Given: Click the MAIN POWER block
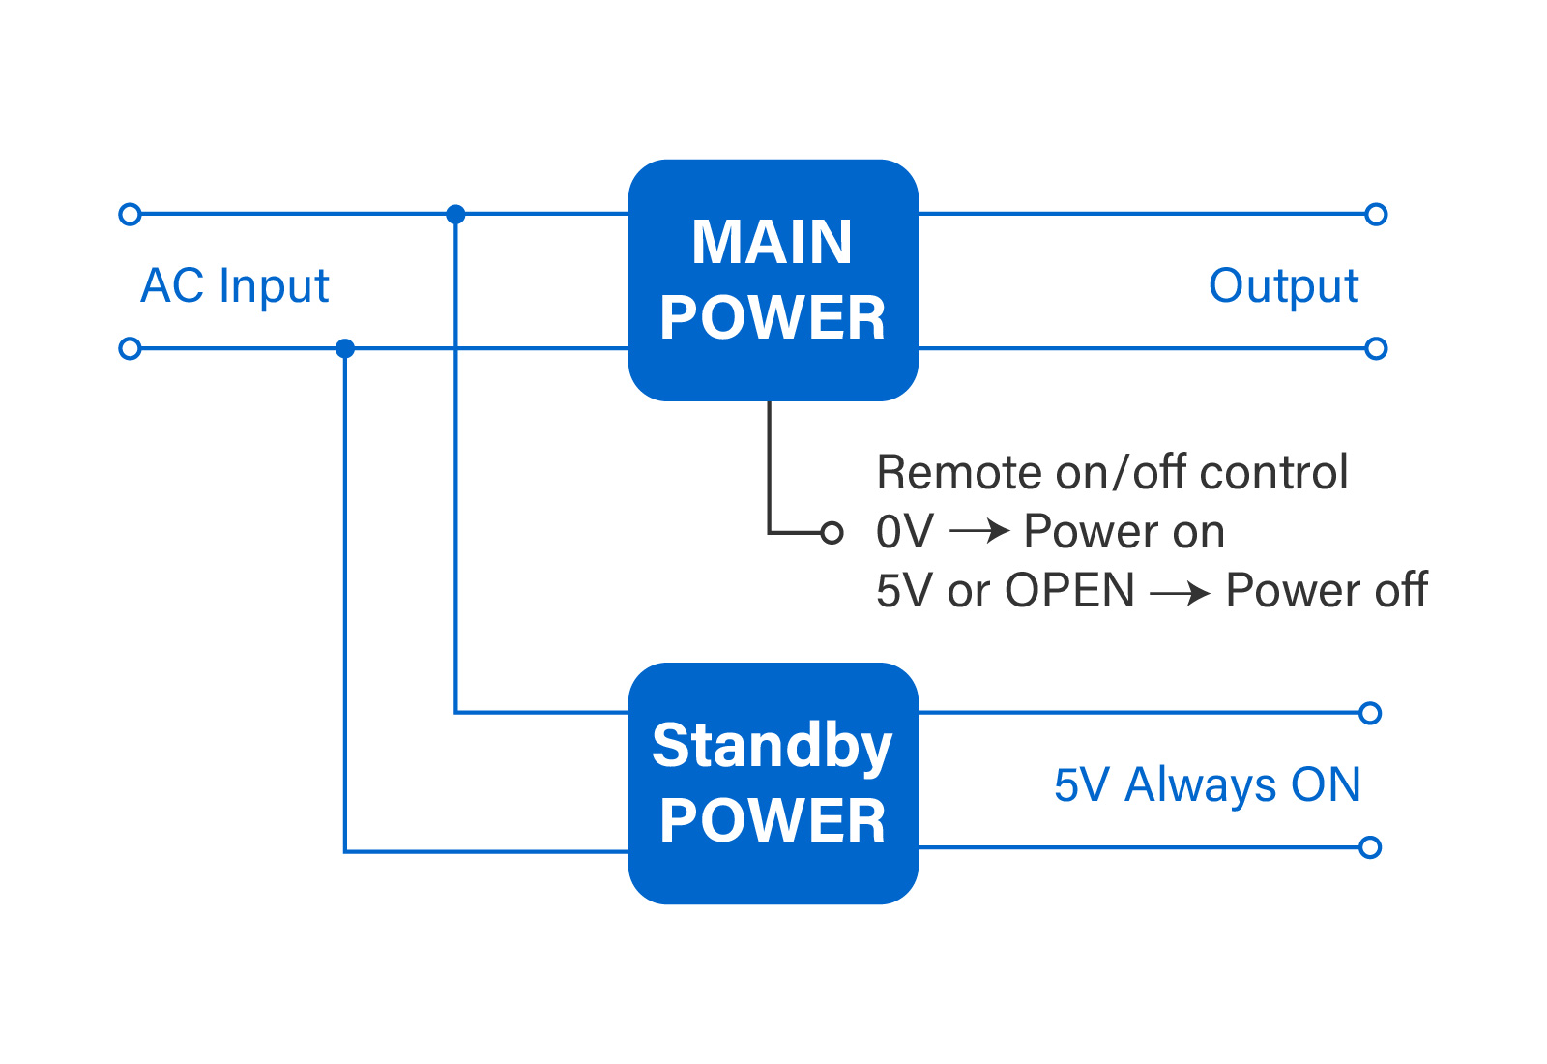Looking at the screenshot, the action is coord(773,280).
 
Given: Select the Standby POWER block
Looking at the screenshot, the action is coord(773,783).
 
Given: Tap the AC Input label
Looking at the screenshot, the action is coord(235,286).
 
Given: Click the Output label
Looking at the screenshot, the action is coord(1283,286).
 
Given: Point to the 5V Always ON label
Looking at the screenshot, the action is coord(1208,784).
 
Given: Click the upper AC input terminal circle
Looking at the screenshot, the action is coord(130,214).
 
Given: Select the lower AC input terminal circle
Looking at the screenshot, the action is coord(130,348).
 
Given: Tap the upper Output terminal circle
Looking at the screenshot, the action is coord(1376,214).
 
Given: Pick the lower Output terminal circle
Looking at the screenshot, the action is coord(1376,348).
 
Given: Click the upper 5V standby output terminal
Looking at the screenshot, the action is coord(1369,713).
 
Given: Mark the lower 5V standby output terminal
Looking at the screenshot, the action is coord(1369,847).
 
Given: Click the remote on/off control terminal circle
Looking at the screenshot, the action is coord(832,533).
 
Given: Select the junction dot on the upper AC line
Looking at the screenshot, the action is coord(455,214).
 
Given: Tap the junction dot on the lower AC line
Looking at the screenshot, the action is coord(344,348).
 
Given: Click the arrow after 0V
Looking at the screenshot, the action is coord(980,531).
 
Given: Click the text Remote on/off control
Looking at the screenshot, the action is coord(1112,473).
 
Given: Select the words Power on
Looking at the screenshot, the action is coord(1124,532).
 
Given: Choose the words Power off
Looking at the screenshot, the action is coord(1327,591).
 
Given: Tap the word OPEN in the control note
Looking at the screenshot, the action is coord(1069,591).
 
